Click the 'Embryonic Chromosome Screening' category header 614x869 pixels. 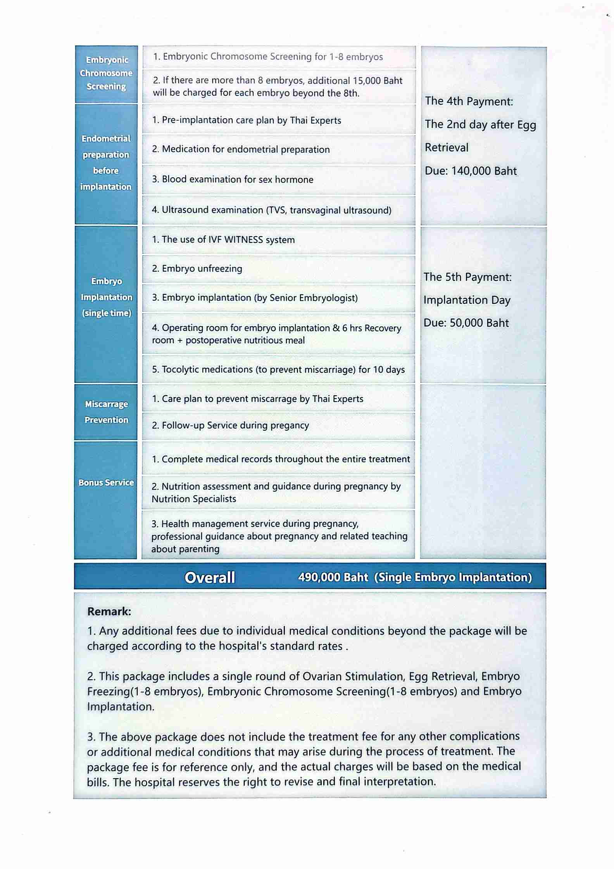coord(106,73)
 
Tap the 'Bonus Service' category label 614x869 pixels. coord(106,483)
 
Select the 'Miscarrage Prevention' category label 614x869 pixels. coord(106,412)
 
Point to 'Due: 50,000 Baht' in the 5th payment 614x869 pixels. coord(466,323)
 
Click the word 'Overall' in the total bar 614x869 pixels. coord(210,578)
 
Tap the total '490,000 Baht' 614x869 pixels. coord(333,577)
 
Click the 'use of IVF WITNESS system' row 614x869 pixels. coord(223,240)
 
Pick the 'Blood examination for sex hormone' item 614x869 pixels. coord(233,180)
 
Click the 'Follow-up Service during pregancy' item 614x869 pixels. coord(230,426)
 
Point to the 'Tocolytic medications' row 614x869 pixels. coord(278,370)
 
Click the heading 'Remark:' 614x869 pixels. coord(109,612)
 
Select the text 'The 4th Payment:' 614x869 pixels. coord(469,102)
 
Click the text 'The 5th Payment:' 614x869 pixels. coord(467,277)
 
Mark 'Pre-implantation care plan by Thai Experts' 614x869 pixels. coord(247,120)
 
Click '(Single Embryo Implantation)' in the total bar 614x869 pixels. coord(453,577)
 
